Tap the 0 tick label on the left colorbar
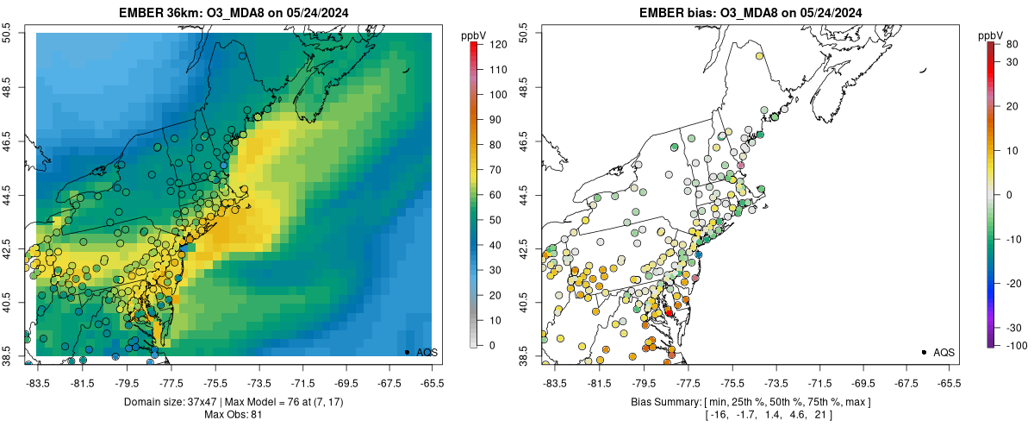[x=492, y=345]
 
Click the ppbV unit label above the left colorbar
[x=473, y=35]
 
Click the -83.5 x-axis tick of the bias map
[x=553, y=382]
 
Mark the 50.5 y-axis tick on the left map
[x=9, y=33]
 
